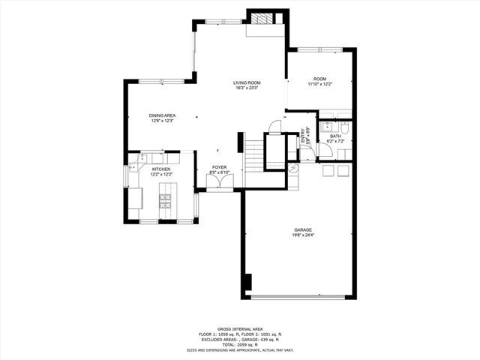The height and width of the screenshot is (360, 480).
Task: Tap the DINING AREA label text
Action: (x=162, y=115)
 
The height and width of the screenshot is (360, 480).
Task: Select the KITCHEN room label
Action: (x=162, y=169)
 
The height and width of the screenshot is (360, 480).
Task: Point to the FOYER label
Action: (x=219, y=167)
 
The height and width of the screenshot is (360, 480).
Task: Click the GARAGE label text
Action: (x=303, y=229)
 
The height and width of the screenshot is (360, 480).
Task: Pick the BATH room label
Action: (x=335, y=136)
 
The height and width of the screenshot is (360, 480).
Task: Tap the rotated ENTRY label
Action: (x=304, y=136)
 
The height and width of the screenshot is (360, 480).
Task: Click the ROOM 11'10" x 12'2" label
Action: (x=320, y=79)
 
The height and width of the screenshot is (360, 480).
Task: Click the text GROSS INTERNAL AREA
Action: (x=239, y=328)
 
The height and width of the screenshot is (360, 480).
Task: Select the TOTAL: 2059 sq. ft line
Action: (x=239, y=344)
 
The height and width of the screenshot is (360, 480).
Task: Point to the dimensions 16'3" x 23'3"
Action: (x=246, y=88)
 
